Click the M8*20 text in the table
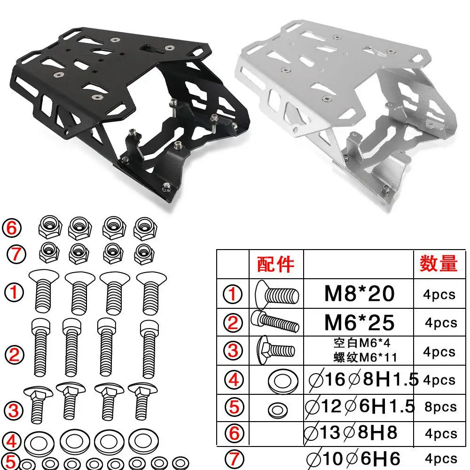pyautogui.click(x=360, y=293)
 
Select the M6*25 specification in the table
pyautogui.click(x=360, y=322)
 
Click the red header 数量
pyautogui.click(x=439, y=263)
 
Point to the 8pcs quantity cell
pyautogui.click(x=441, y=407)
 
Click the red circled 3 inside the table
pyautogui.click(x=233, y=351)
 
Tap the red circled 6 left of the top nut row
pyautogui.click(x=12, y=228)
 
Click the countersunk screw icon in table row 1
pyautogui.click(x=277, y=293)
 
